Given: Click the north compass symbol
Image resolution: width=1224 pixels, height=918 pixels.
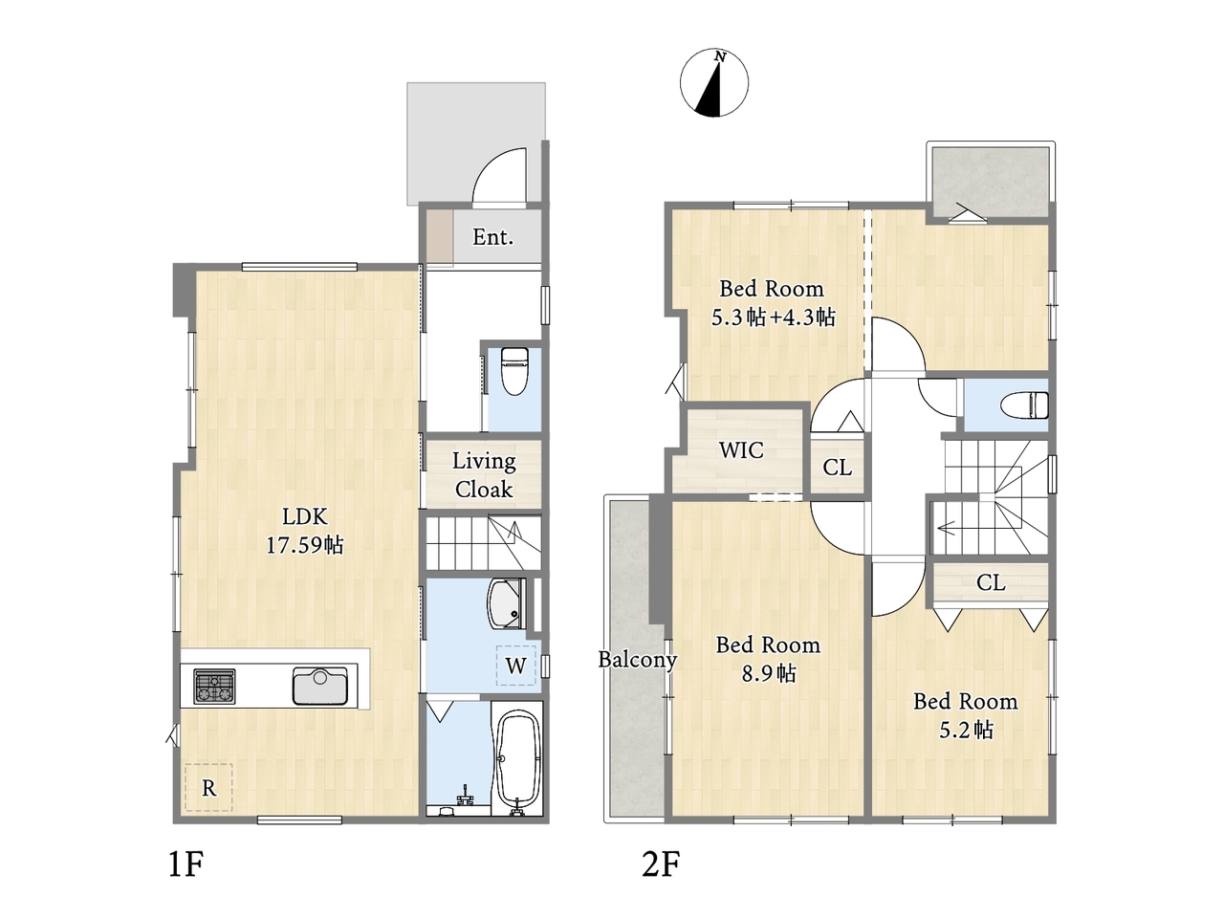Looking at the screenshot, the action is point(713,82).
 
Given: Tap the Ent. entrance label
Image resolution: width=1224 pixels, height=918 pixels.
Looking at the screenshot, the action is point(492,237).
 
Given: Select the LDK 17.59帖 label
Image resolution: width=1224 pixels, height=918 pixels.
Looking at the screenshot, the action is point(304,531).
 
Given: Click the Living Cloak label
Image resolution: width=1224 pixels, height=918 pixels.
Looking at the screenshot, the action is point(484,475).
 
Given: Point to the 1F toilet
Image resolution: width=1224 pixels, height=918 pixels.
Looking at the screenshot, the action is point(514,371).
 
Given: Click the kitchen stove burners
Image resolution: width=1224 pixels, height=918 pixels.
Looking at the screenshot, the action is point(214,686).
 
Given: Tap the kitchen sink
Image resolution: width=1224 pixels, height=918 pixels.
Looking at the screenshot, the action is point(319,686).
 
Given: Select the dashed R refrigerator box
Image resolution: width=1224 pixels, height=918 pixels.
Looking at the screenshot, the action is point(208,787).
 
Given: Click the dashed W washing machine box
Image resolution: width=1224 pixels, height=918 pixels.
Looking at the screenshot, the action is point(515,666).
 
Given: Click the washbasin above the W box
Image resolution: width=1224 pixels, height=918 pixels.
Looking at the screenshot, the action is point(506,602).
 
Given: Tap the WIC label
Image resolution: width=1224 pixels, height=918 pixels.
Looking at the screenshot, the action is point(741,450).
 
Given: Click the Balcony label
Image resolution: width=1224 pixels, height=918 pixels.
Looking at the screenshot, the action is point(638,660).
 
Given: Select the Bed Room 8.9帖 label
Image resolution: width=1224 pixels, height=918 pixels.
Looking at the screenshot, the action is point(769,660).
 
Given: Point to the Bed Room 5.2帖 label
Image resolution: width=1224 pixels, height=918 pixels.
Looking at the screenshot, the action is point(965,715).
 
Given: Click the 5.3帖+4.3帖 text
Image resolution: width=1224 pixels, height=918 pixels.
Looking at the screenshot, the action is point(774,317).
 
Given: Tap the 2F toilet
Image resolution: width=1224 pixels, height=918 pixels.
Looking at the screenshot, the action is point(1025,404).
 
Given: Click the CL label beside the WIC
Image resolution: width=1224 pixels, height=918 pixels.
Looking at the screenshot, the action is point(837,467).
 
